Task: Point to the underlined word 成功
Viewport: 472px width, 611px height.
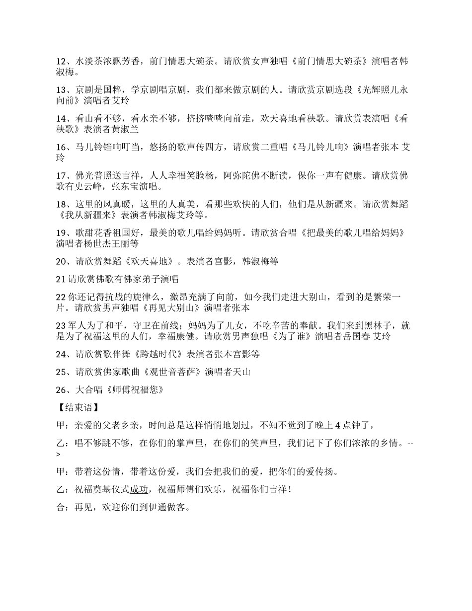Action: [x=139, y=489]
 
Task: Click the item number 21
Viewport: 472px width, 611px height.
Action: [x=61, y=279]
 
